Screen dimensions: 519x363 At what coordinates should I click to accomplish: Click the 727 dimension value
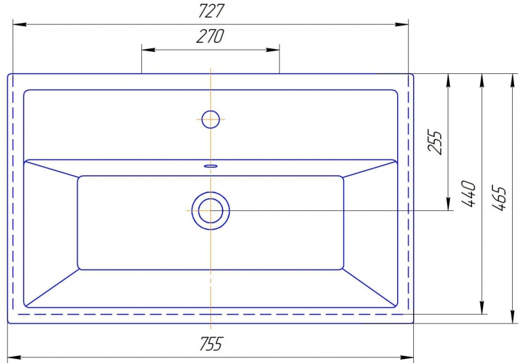click(x=211, y=10)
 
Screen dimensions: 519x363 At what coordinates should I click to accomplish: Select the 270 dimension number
click(x=210, y=37)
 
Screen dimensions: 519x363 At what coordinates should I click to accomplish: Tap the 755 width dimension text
click(x=211, y=344)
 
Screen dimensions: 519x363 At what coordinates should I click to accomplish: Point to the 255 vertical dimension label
click(x=435, y=142)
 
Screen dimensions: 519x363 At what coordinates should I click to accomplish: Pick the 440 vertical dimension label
click(x=468, y=194)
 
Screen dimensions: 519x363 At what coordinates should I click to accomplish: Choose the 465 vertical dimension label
click(x=499, y=198)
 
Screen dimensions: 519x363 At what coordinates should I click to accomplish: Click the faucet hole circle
click(x=210, y=119)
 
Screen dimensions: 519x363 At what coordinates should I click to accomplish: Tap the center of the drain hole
click(x=210, y=211)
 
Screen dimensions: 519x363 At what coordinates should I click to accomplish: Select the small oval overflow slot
click(x=210, y=166)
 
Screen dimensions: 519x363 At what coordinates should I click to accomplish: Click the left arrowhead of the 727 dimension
click(x=19, y=24)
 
